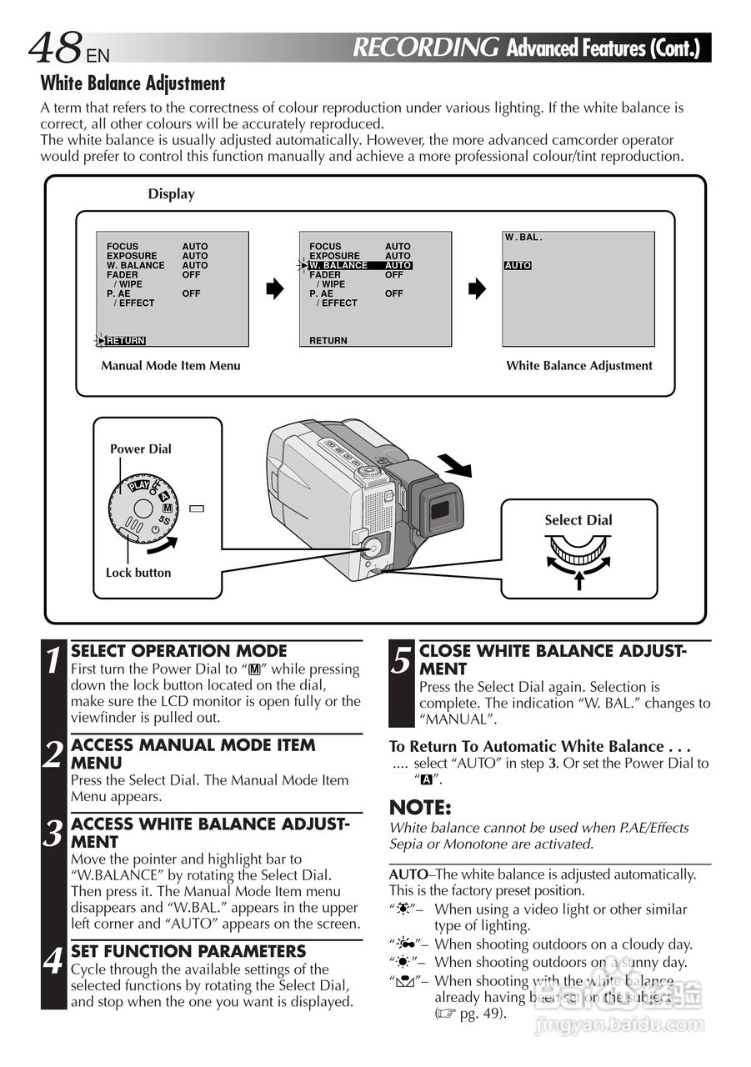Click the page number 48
(56, 48)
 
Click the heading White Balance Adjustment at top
(133, 83)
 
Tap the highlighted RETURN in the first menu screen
(125, 340)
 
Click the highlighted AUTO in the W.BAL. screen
(518, 265)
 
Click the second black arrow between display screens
(476, 289)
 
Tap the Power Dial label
(141, 448)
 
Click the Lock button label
(138, 573)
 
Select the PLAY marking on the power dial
(138, 484)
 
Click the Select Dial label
(578, 520)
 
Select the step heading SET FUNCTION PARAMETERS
(188, 951)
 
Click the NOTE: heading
(420, 808)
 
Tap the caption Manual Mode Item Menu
(171, 365)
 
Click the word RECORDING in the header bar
(426, 48)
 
